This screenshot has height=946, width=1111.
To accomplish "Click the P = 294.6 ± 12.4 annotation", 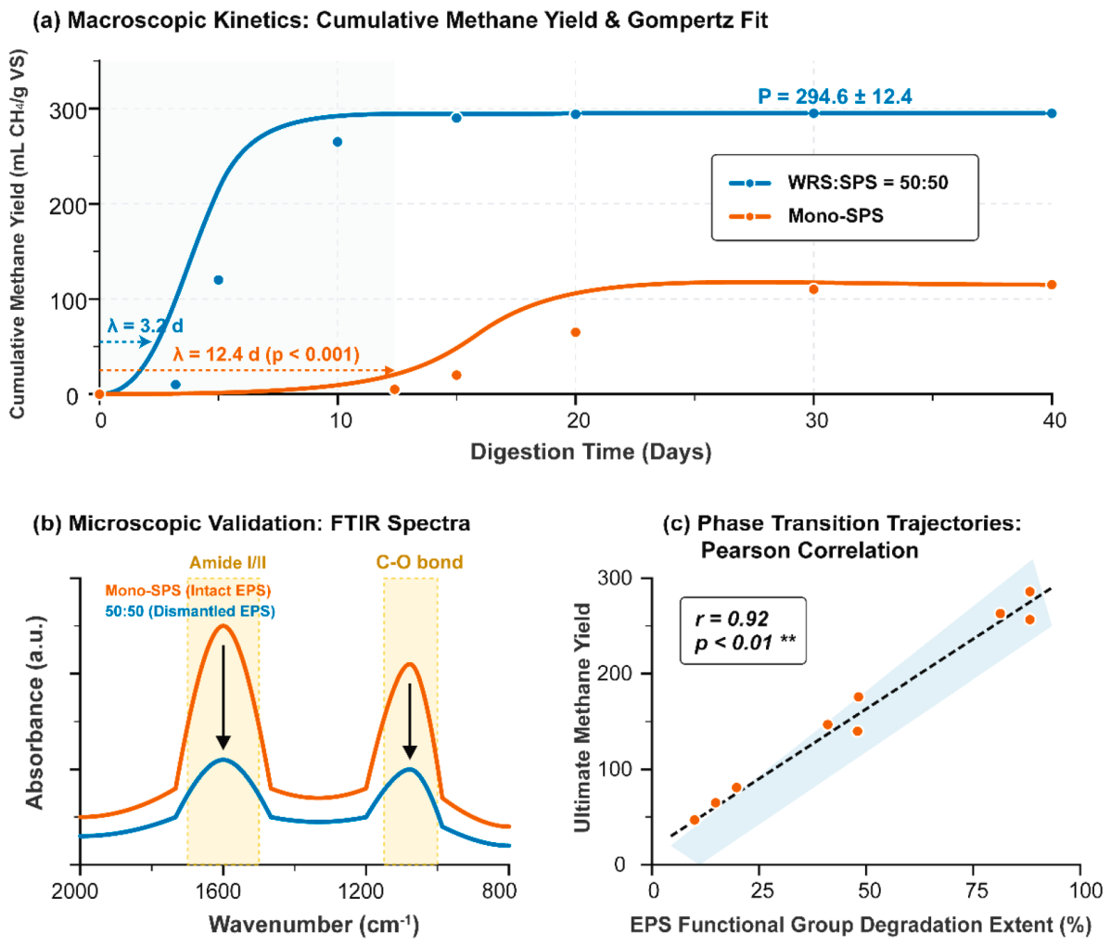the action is point(835,96).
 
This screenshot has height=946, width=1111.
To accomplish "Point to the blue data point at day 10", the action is point(338,142).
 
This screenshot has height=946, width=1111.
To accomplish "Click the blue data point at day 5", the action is point(218,280).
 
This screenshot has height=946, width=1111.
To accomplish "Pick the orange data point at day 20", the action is point(575,332).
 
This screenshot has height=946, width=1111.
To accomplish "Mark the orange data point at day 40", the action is point(1052,285).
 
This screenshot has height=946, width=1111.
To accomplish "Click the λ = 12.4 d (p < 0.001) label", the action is point(266,353).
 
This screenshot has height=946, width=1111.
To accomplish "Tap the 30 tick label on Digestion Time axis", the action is point(815,420).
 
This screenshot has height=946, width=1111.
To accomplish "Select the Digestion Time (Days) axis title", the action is point(591,452).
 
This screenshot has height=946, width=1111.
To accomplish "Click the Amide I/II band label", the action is point(227,563).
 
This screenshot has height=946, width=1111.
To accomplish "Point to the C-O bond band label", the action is point(419,563).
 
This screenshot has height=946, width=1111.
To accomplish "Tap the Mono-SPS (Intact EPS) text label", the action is point(187,590).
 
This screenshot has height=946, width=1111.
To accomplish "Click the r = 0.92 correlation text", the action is point(732,619).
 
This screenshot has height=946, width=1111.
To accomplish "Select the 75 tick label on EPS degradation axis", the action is point(977,890).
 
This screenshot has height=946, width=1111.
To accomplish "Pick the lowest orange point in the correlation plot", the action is point(695,820).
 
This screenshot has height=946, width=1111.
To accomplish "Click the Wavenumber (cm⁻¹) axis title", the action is point(313,925).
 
